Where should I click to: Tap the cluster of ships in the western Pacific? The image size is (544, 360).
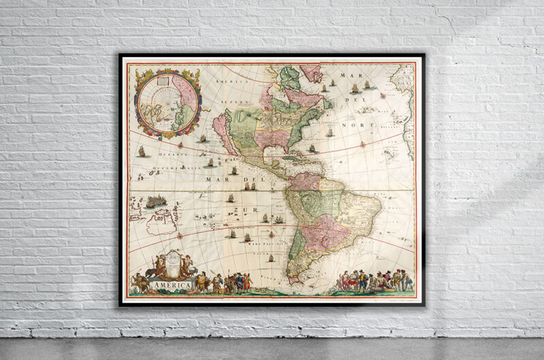[156, 201]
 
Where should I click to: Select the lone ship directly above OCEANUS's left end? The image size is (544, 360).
[141, 151]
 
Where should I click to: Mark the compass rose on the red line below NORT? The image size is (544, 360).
[363, 144]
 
